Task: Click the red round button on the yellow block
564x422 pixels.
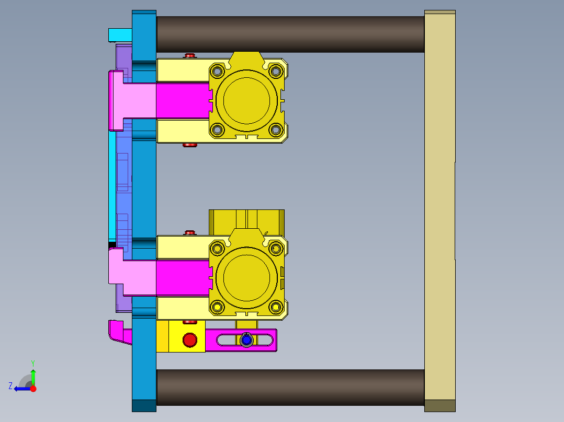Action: click(189, 341)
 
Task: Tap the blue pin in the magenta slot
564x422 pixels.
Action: click(246, 340)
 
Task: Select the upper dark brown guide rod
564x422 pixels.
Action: click(290, 34)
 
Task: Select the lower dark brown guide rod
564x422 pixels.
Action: click(290, 388)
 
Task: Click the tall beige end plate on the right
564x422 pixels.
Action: click(439, 209)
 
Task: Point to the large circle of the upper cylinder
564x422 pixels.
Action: click(246, 100)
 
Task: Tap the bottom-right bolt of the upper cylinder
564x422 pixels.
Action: click(276, 130)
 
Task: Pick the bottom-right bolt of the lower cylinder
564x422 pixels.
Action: click(276, 308)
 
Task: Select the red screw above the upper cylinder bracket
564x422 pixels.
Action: click(189, 55)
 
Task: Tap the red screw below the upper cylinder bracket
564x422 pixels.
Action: click(189, 145)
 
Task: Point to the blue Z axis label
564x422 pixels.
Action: click(10, 386)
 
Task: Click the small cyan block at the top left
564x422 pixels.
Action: click(120, 35)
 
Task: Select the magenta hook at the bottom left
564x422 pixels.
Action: click(118, 333)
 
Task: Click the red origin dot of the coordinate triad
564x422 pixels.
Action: click(33, 389)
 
